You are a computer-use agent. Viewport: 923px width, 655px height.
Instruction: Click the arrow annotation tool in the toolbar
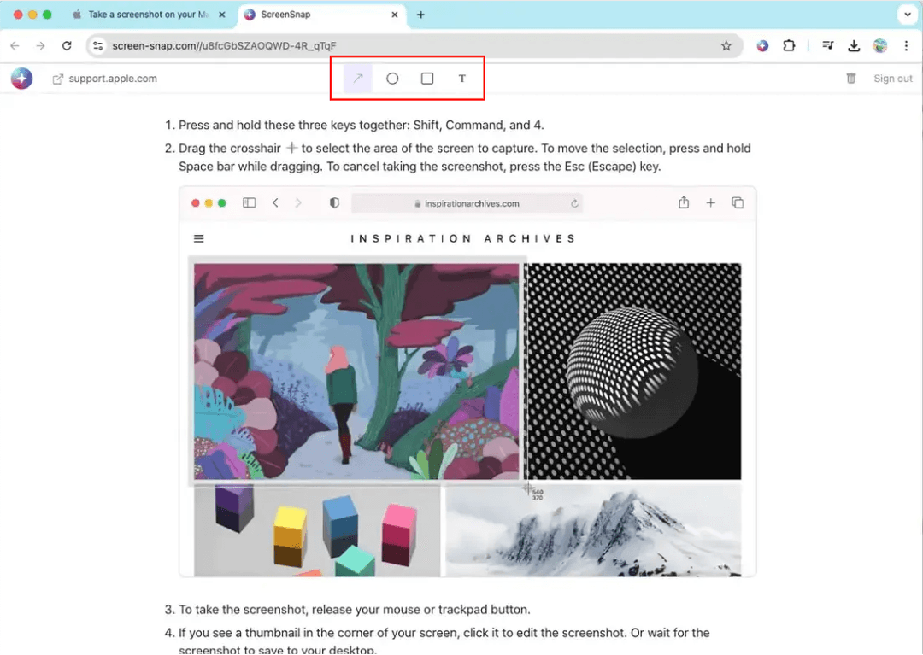point(358,79)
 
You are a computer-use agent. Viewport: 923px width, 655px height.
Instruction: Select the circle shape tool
point(392,79)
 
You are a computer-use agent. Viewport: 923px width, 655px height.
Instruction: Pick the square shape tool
point(427,79)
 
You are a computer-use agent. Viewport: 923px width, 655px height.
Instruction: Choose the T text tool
point(462,79)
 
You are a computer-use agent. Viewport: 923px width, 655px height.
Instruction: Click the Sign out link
point(893,79)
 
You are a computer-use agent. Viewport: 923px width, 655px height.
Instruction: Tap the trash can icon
point(851,79)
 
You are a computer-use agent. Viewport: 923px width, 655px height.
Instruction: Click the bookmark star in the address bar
point(726,46)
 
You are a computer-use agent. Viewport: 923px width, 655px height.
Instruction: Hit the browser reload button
point(67,46)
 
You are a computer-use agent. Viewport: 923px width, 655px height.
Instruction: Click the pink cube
point(399,532)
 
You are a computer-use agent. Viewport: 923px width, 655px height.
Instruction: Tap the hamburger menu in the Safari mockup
point(199,239)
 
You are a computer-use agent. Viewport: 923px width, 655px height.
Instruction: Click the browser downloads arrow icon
point(853,46)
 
